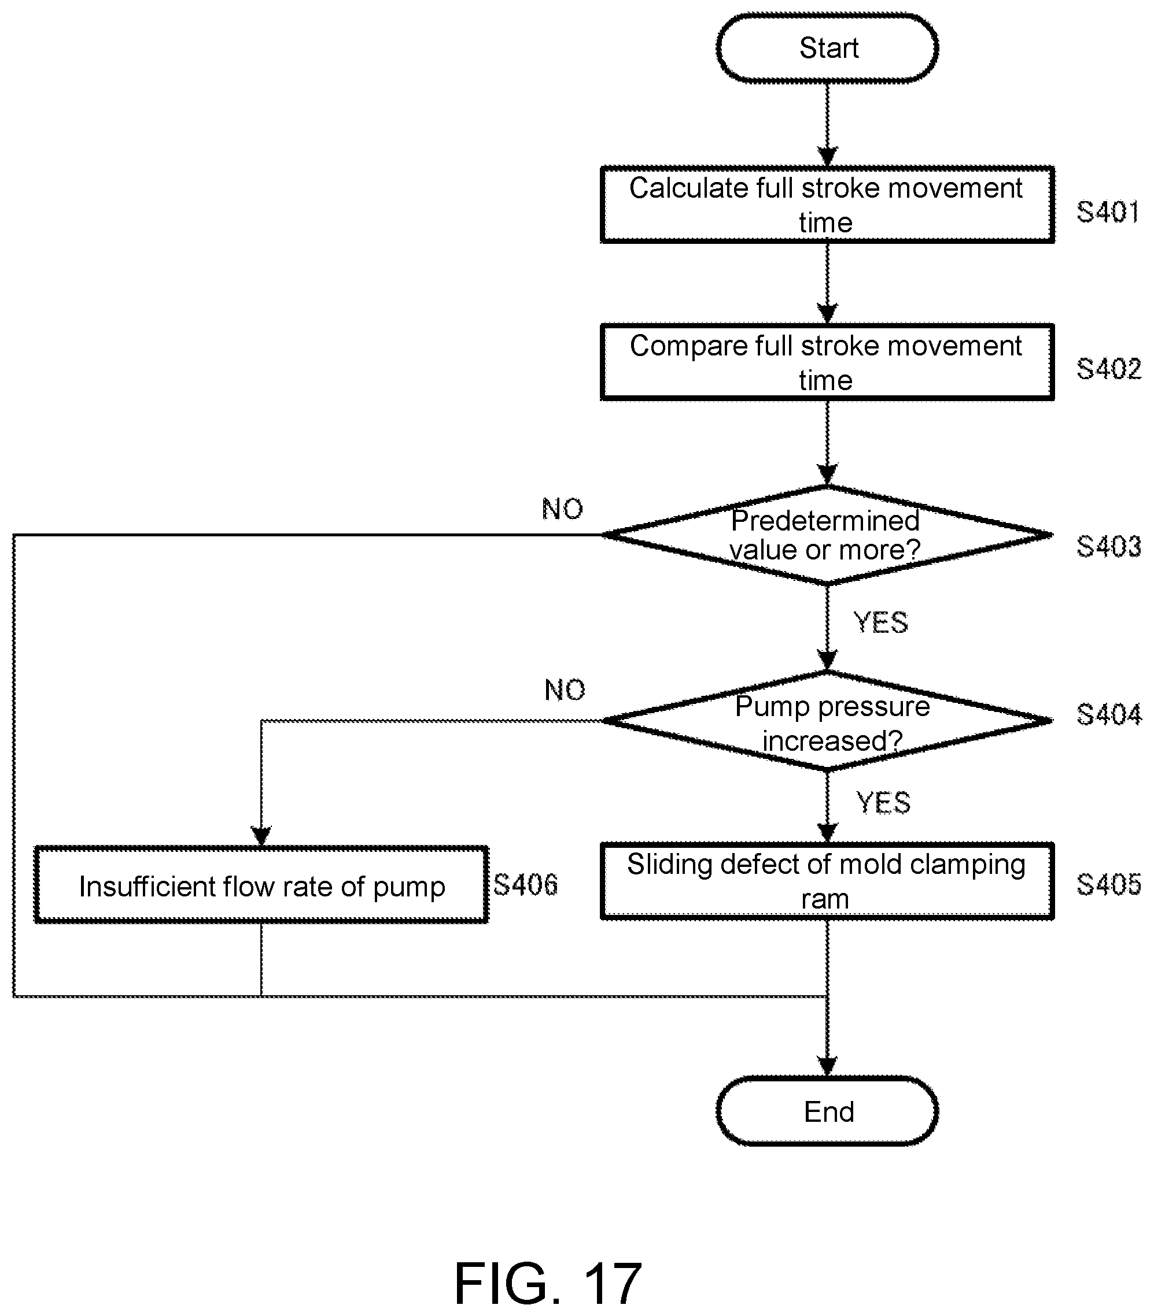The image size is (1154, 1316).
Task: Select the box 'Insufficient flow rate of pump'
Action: coord(261,885)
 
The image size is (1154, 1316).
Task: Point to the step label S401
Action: coord(1108,212)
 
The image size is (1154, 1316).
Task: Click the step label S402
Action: coord(1108,369)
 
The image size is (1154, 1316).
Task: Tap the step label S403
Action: coord(1108,546)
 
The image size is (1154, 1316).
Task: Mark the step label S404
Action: coord(1108,714)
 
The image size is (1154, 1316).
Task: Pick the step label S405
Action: coord(1108,885)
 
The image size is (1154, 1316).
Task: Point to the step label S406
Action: coord(525,885)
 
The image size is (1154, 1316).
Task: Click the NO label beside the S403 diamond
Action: coord(563,509)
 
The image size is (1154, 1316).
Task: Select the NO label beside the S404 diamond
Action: coord(565,690)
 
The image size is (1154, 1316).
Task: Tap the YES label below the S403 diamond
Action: coord(880,622)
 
